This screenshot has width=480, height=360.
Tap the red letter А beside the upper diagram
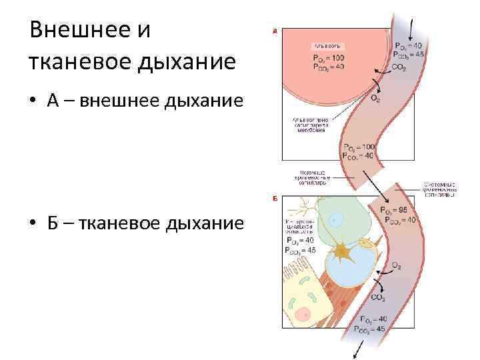pyautogui.click(x=274, y=30)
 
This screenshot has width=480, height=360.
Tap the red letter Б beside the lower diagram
pyautogui.click(x=274, y=198)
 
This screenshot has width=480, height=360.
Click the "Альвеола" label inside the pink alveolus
pyautogui.click(x=327, y=45)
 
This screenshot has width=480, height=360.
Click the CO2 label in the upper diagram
pyautogui.click(x=399, y=67)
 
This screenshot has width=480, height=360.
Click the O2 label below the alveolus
pyautogui.click(x=375, y=99)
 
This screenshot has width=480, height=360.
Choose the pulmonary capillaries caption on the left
pyautogui.click(x=311, y=180)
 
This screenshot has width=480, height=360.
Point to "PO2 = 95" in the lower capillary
pyautogui.click(x=393, y=211)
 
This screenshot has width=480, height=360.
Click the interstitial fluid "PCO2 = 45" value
pyautogui.click(x=301, y=251)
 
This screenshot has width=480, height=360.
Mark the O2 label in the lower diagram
pyautogui.click(x=395, y=266)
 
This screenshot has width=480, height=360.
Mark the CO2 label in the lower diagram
pyautogui.click(x=377, y=297)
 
